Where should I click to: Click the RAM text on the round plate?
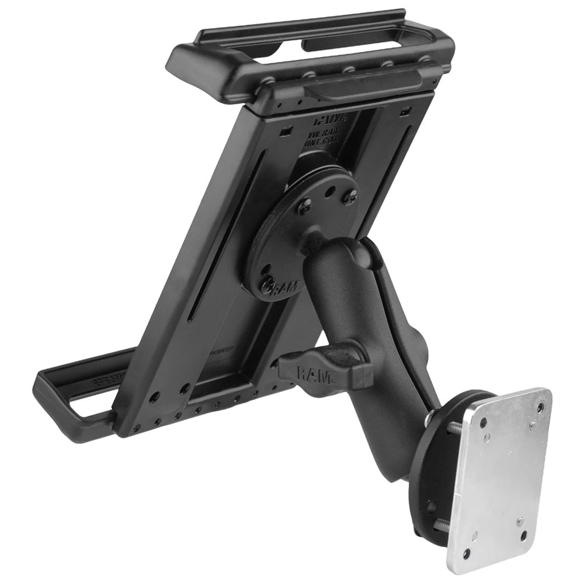point(286,287)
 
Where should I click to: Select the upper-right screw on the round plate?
point(350,197)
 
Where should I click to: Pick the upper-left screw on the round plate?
point(304,206)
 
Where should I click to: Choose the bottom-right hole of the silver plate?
point(524,536)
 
